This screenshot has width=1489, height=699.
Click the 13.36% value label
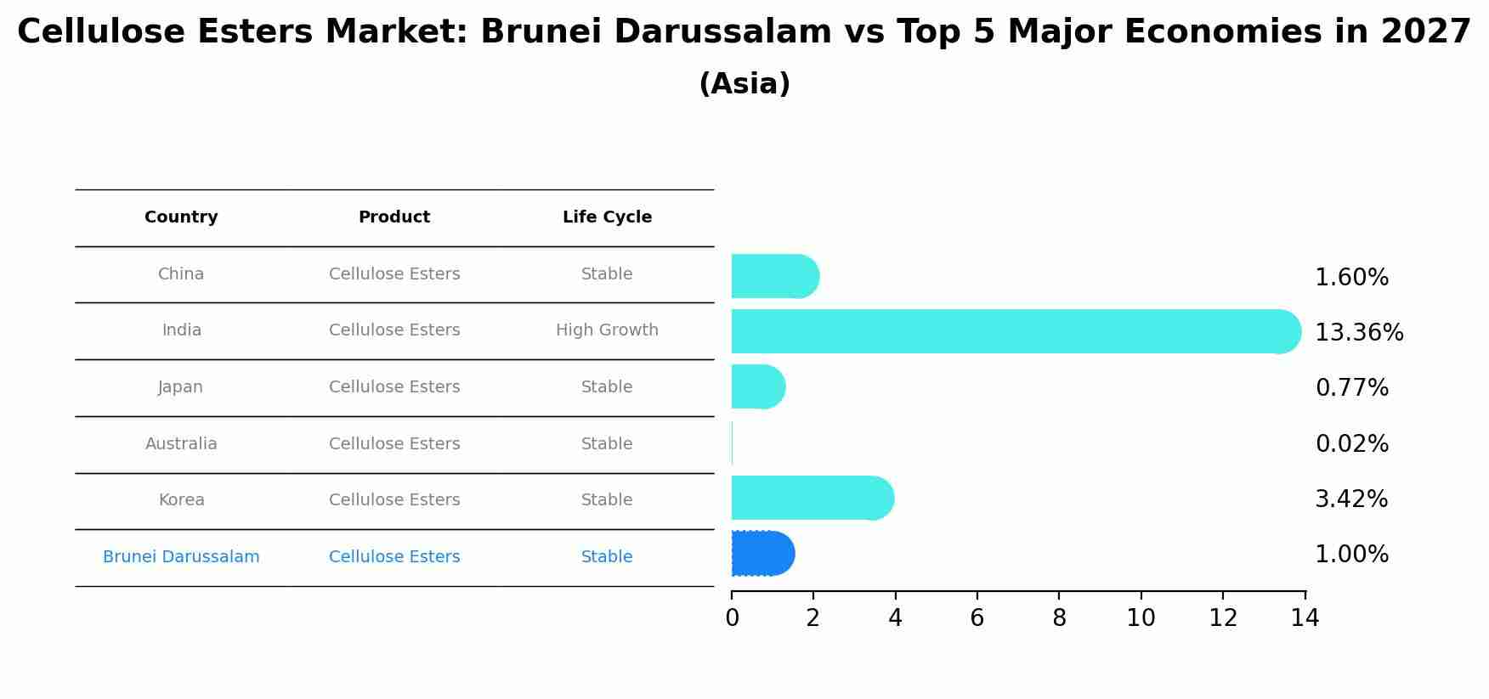(1358, 333)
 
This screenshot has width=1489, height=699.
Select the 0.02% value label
(1351, 444)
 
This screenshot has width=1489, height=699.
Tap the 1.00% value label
(1351, 555)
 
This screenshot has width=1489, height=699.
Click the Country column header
(181, 217)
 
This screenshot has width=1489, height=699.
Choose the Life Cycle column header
(607, 217)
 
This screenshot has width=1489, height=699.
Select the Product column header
(394, 217)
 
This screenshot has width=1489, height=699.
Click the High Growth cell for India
(607, 330)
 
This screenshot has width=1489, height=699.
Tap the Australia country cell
(181, 444)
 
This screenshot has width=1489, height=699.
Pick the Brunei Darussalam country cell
(181, 557)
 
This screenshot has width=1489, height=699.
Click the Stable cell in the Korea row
(607, 500)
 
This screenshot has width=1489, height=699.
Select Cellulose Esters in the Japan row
(394, 387)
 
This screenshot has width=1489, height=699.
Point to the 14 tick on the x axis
(1305, 618)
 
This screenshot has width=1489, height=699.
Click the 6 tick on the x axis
(977, 618)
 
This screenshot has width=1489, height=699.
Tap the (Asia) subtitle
(744, 84)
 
